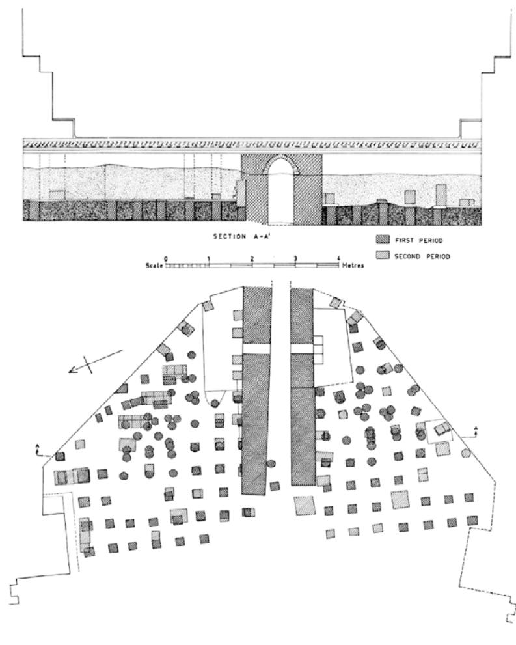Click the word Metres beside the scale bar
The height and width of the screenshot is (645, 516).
351,266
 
